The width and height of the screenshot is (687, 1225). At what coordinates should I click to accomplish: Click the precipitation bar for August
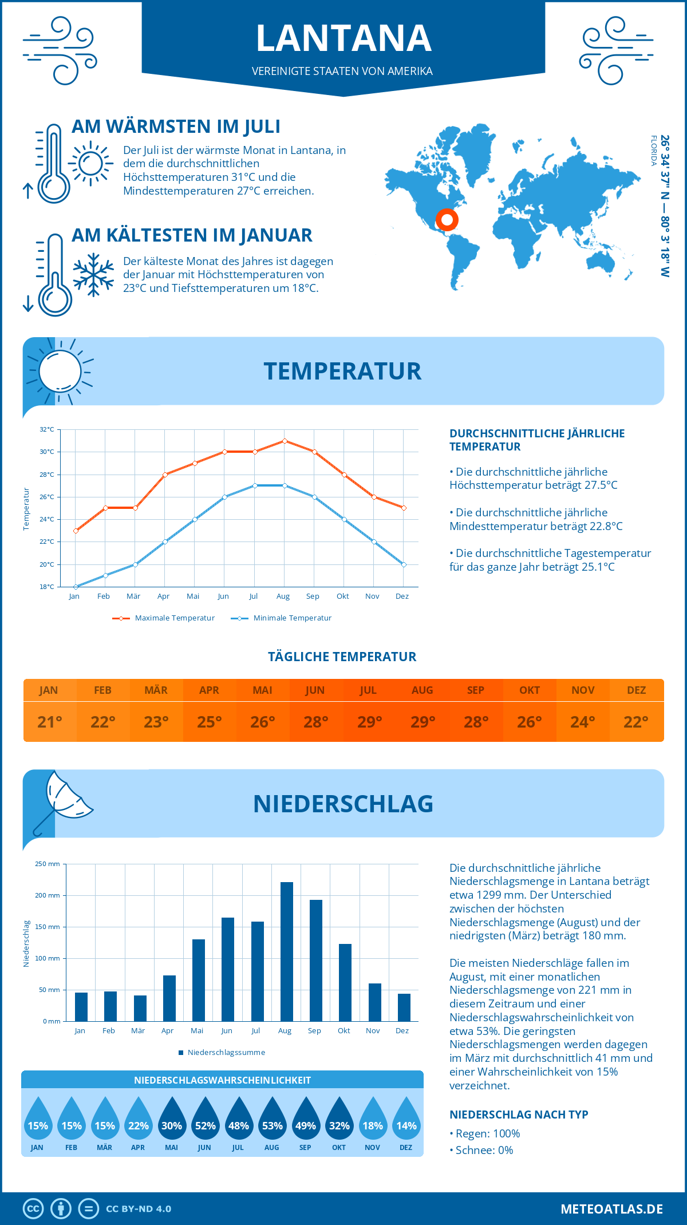pos(287,951)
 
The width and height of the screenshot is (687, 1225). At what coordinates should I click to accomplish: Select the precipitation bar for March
pos(140,1008)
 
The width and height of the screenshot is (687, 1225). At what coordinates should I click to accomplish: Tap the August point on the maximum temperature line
pos(285,441)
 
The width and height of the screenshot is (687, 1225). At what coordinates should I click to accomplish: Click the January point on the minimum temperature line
pos(76,587)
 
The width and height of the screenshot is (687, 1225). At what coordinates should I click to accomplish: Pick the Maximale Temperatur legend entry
pos(164,618)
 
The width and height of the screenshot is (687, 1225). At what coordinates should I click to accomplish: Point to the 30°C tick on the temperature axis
pos(47,452)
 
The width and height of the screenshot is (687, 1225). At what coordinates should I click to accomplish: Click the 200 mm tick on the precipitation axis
pos(48,895)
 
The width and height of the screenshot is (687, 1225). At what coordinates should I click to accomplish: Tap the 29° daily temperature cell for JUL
pos(369,722)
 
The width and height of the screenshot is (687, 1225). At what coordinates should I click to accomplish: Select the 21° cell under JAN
pos(50,722)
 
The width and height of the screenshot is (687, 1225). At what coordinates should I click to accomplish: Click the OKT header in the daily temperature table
pos(529,690)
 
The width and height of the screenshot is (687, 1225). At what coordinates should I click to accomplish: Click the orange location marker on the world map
pos(447,220)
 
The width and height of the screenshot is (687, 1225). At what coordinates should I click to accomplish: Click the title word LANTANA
pos(343,38)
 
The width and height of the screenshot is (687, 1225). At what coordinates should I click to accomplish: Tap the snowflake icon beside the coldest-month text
pos(93,275)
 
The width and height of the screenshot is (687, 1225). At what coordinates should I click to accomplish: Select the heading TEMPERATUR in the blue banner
pos(342,371)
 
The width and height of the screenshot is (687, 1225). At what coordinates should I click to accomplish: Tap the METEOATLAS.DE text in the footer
pos(611,1209)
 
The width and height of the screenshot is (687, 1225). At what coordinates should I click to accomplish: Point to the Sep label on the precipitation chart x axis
pos(314,1030)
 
